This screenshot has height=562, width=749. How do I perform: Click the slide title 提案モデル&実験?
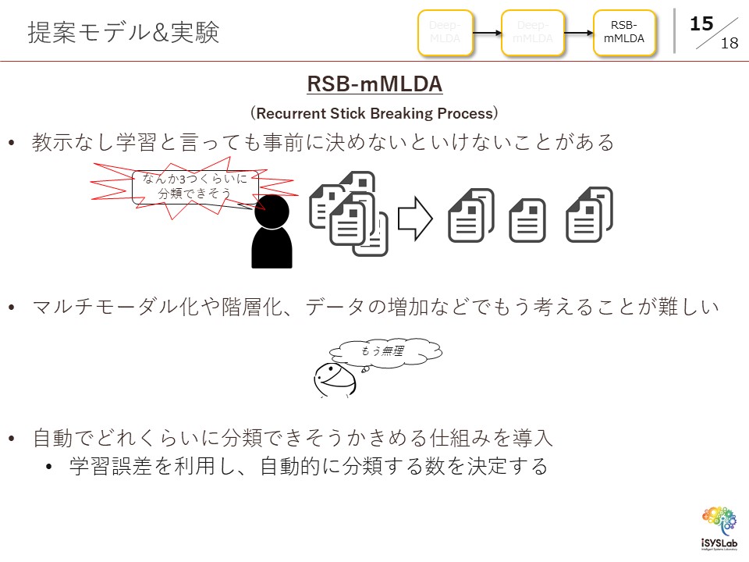pos(123,33)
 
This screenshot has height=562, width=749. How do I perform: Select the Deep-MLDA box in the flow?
pos(445,33)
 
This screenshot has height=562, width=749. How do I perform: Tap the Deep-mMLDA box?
pos(534,33)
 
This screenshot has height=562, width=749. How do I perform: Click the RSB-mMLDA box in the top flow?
pos(624,33)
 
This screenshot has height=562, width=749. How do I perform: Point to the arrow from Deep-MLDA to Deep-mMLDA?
pos(487,33)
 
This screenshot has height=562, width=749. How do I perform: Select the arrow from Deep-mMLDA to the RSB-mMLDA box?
pos(578,33)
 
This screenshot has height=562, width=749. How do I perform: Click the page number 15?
pos(701,23)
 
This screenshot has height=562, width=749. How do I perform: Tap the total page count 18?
pos(729,44)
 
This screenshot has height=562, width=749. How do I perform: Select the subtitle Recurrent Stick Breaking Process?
pos(374,113)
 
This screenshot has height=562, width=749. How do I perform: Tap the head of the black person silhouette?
pos(272,212)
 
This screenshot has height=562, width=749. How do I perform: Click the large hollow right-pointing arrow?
pos(415,219)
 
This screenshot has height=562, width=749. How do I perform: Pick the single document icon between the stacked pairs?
pos(527,221)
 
